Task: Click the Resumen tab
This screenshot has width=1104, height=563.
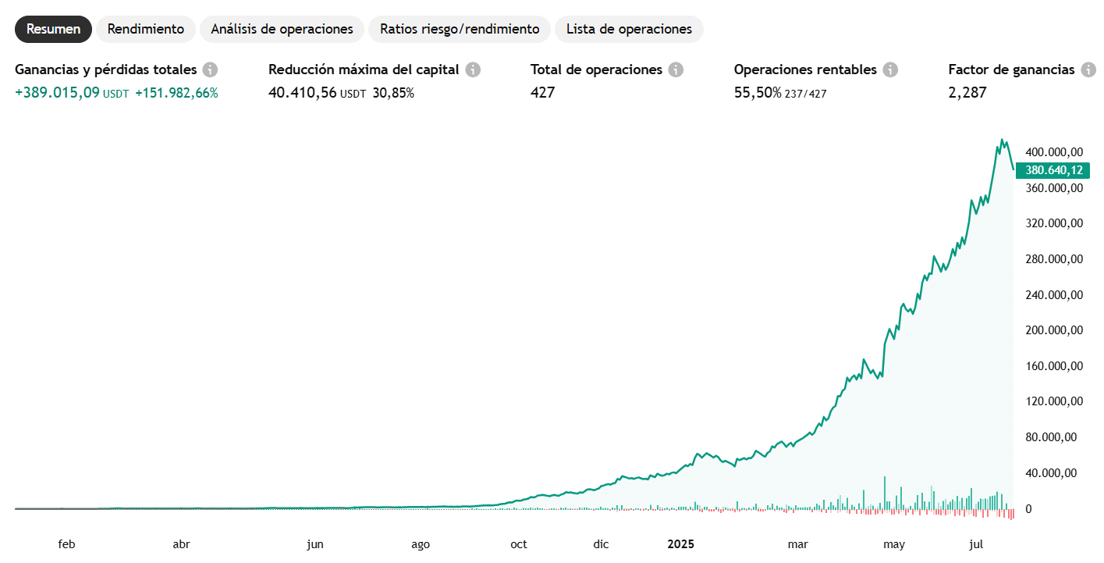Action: pos(53,29)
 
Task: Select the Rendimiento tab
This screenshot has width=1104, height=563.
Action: pos(146,29)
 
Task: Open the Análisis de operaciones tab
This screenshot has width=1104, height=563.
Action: pos(282,29)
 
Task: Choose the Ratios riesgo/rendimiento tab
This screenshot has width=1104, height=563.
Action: pos(460,29)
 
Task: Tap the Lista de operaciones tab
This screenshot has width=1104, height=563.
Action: pos(629,29)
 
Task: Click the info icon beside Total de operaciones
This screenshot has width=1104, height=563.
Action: pos(676,69)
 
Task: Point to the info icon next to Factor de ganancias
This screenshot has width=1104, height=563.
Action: pos(1088,69)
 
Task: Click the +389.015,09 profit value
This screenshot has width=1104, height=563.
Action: pos(58,93)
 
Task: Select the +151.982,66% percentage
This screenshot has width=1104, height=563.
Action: pos(176,93)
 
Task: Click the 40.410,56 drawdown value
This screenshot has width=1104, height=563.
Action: pos(303,93)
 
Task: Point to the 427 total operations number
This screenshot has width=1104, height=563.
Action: pos(542,93)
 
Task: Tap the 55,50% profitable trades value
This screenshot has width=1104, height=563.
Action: pos(758,93)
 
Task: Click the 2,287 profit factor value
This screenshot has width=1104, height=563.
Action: pos(967,93)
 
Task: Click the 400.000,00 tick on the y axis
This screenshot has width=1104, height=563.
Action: pos(1054,151)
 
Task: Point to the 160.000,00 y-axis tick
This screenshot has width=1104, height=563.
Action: pos(1054,366)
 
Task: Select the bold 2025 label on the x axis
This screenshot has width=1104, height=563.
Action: pos(680,544)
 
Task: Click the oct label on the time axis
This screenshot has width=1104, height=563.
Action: pos(518,544)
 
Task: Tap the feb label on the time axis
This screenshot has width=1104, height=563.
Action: pos(66,544)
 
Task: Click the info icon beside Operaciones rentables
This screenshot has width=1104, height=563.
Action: pos(890,69)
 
